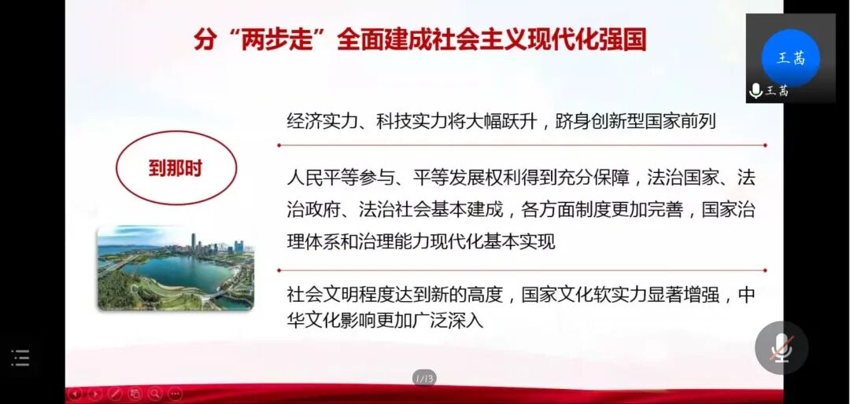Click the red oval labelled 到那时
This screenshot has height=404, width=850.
176,168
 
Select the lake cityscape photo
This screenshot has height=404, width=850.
176,267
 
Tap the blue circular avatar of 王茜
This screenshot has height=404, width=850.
790,57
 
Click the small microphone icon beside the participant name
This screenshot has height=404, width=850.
756,91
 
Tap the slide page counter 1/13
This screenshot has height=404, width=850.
424,379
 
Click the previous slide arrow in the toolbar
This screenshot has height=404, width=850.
76,394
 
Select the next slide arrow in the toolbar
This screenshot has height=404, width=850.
95,394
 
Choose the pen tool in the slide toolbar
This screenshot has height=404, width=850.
115,394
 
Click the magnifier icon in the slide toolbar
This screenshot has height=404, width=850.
155,394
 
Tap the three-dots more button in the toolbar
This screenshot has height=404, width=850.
175,394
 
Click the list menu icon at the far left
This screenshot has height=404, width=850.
20,358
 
